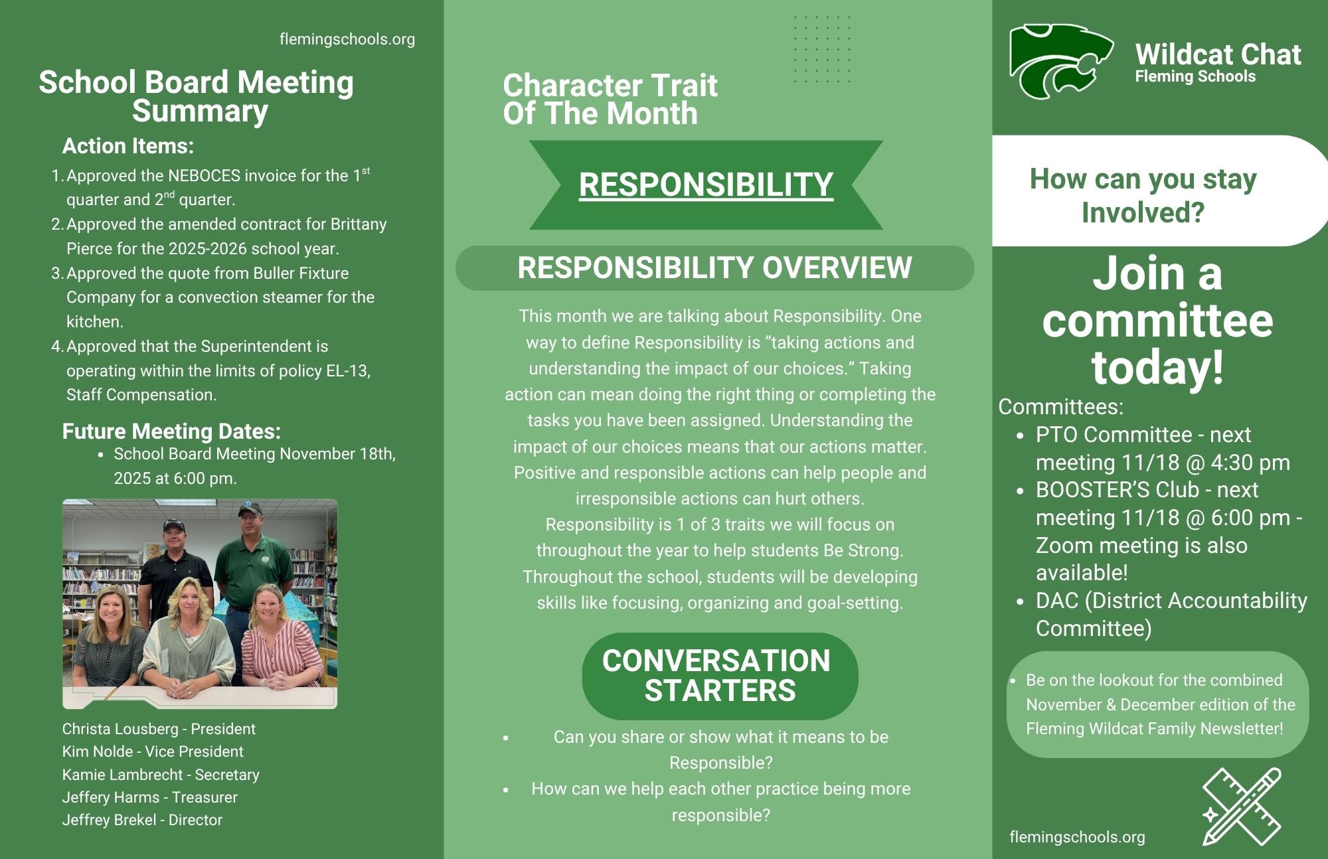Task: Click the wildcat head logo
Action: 1060,61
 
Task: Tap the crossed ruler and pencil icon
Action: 1241,806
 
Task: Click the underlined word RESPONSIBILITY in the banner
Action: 706,185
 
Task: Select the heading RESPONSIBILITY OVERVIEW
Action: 714,268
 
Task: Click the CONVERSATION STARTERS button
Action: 720,676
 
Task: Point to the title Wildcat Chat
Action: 1218,54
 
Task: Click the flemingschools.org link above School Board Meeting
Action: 347,39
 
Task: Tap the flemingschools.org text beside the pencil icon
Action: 1077,837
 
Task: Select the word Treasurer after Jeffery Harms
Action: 205,797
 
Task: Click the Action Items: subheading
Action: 128,146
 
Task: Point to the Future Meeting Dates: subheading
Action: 171,431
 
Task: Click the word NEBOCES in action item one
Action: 204,176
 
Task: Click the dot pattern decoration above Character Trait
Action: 822,49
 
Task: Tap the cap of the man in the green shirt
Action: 250,509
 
